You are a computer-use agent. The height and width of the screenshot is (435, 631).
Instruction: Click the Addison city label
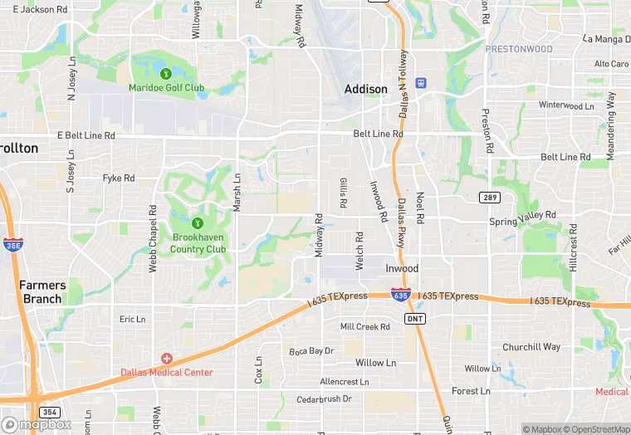[366, 89]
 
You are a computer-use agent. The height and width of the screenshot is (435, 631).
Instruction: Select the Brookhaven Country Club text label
[198, 243]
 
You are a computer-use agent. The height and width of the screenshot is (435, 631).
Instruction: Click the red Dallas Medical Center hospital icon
[167, 359]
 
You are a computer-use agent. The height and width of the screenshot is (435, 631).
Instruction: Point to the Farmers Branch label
[42, 291]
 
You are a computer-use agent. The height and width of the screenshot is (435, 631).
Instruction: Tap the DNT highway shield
[415, 318]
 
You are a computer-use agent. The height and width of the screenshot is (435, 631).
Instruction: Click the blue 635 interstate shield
[401, 295]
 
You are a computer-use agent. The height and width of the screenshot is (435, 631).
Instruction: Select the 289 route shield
[488, 197]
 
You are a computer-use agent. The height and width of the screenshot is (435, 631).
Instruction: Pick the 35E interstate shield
[12, 245]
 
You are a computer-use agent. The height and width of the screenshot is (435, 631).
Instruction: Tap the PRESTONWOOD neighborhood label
[518, 49]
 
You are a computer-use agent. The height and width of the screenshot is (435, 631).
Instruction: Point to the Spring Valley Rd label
[522, 222]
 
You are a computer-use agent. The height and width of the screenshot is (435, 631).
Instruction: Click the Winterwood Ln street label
[566, 105]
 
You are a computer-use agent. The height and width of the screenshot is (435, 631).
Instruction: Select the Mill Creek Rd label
[365, 327]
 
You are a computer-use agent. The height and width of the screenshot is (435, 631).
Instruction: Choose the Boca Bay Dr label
[311, 351]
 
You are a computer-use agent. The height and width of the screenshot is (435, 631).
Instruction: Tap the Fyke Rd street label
[118, 178]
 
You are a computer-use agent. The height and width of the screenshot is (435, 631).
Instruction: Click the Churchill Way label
[531, 347]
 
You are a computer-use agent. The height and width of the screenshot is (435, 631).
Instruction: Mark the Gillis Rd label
[342, 193]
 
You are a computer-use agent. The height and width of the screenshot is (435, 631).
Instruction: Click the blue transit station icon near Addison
[421, 82]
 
